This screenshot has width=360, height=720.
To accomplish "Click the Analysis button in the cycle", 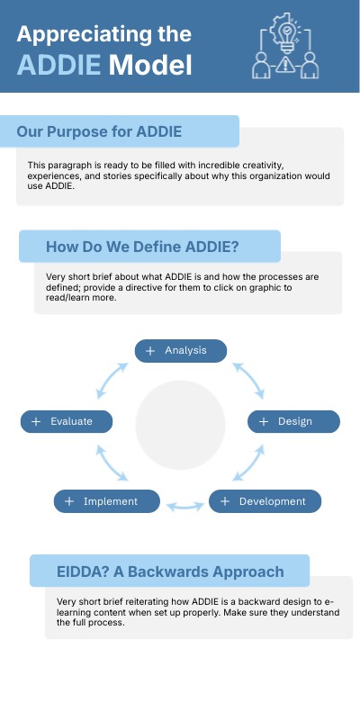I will pos(180,350).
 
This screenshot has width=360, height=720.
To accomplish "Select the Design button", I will pos(294,421).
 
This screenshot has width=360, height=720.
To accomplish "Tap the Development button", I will pos(265,501).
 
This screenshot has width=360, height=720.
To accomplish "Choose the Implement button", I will pos(106,501).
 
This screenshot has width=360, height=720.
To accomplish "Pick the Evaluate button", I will pos(67,421).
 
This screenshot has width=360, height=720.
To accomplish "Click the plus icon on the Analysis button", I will pos(150,350).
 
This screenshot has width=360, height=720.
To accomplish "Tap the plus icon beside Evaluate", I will pos(36,421).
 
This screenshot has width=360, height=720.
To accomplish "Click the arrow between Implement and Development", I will pos(184,507).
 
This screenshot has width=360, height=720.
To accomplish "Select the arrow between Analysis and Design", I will pos(247,381).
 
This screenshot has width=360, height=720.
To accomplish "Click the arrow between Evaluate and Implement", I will pos(116,463).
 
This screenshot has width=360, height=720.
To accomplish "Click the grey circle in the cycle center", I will pos(180,426).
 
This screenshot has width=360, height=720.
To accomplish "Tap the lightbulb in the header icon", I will pos(287,32).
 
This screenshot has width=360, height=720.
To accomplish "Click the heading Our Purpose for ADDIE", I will pos(99,131).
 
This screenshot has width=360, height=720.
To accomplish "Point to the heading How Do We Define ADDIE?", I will pos(148,246).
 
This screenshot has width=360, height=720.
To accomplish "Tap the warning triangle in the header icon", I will pos(287,65).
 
